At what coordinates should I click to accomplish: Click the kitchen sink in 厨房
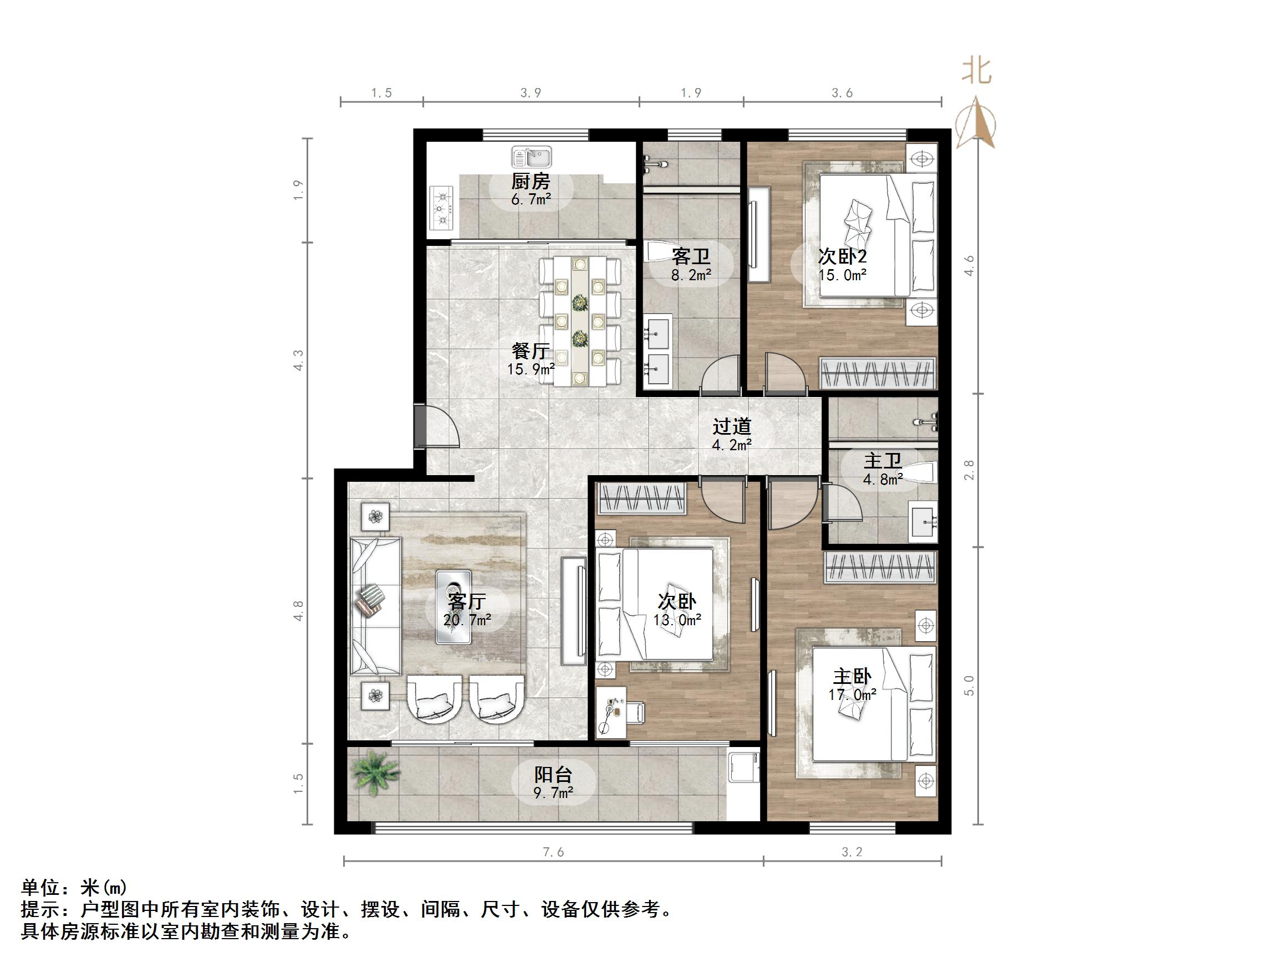click(531, 157)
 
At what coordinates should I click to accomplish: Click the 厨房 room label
click(531, 182)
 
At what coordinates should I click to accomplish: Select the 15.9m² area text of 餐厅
click(531, 369)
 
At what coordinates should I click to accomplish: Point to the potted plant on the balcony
click(374, 772)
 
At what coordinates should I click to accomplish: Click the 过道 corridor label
click(732, 426)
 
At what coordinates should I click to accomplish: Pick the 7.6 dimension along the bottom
click(553, 852)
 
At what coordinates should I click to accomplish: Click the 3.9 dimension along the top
click(531, 93)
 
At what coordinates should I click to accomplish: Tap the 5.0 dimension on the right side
click(968, 685)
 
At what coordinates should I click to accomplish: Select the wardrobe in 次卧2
click(877, 373)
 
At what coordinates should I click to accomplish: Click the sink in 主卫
click(923, 522)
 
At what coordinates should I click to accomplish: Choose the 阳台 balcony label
click(553, 774)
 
